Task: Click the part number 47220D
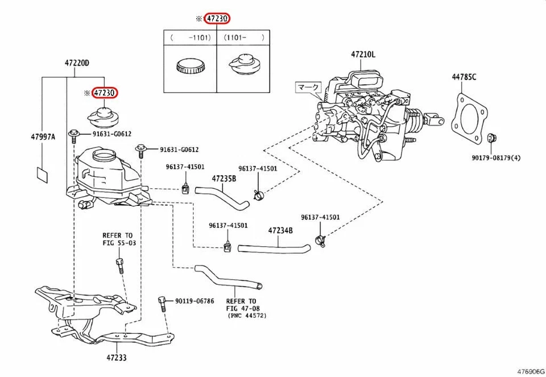(76, 63)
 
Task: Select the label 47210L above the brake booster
(363, 55)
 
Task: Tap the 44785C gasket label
(464, 77)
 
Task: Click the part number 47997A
(43, 136)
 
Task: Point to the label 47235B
(224, 178)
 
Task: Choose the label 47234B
(280, 230)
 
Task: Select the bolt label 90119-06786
(195, 301)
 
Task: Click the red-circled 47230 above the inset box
(217, 19)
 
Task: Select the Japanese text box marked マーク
(308, 88)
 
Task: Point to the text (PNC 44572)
(246, 314)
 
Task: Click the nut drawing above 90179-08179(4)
(492, 138)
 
